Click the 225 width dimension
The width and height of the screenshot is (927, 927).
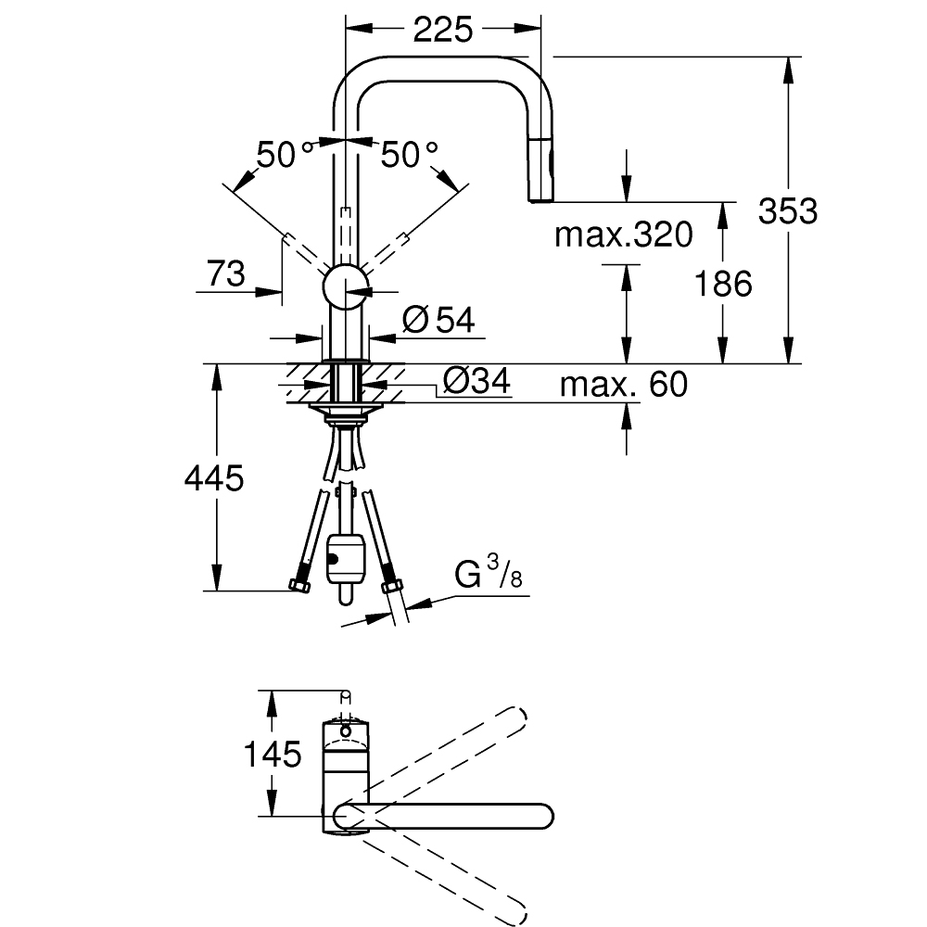pos(442,30)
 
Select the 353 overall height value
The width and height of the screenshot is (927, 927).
pos(788,211)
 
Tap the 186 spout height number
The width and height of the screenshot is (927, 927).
pos(724,284)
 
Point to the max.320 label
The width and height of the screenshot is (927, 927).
pos(623,235)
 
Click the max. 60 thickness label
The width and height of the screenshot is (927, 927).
pos(623,383)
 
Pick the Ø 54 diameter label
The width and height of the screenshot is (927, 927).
pos(438,321)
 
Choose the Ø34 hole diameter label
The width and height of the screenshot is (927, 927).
pos(476,381)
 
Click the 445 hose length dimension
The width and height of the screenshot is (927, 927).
pos(214,478)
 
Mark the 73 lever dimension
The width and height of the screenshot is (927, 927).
pos(225,273)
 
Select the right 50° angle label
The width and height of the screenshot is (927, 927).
pos(409,155)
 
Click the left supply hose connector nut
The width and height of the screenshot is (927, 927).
pos(300,586)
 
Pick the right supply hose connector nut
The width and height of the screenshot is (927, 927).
pos(391,586)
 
